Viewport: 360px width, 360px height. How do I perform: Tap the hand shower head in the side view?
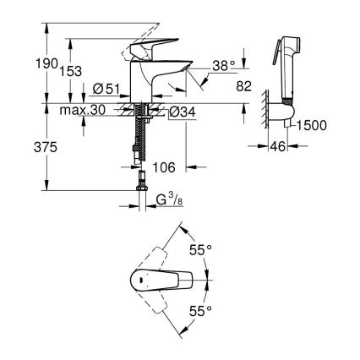[x=287, y=55]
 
